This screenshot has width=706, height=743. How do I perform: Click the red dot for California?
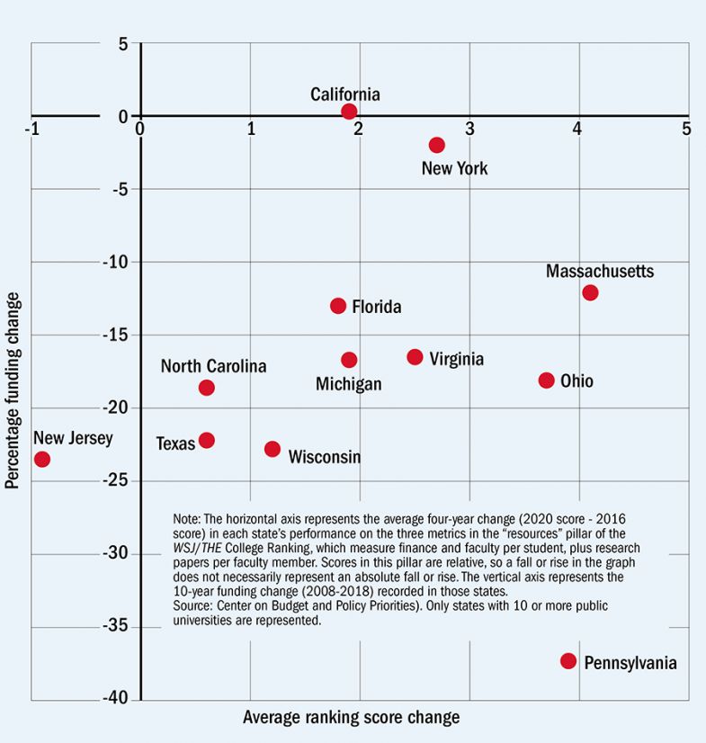click(349, 112)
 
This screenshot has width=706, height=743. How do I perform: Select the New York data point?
click(437, 145)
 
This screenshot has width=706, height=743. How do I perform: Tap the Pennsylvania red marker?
click(568, 661)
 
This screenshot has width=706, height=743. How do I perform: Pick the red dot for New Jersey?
click(41, 460)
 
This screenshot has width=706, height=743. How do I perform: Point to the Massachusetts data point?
click(590, 292)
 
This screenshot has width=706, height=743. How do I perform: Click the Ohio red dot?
click(546, 380)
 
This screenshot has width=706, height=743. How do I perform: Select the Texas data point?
click(207, 440)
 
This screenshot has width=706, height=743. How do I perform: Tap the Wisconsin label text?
click(324, 457)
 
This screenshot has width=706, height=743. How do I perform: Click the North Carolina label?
click(213, 367)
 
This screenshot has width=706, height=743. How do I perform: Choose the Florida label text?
click(376, 308)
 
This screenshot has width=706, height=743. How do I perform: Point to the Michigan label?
click(348, 384)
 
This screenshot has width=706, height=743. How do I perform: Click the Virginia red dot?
click(415, 357)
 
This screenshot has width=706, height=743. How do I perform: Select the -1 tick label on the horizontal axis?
click(33, 129)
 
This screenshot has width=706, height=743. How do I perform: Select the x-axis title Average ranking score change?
click(351, 718)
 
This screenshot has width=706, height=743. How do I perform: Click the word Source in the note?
click(193, 606)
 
